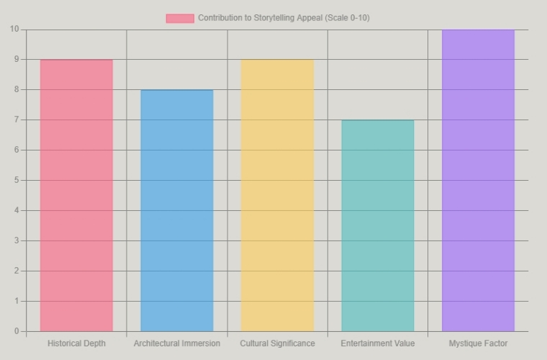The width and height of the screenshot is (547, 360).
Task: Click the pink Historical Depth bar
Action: [x=76, y=195]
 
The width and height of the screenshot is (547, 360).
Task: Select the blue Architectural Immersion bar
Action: [x=177, y=211]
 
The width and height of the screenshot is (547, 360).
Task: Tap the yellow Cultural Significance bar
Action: [x=277, y=195]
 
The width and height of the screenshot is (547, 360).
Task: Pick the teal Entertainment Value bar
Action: [x=378, y=225]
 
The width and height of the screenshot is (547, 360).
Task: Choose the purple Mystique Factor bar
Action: [x=479, y=180]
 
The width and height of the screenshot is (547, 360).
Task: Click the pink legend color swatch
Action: [x=180, y=19]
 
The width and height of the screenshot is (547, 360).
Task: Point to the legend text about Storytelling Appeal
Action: [x=284, y=18]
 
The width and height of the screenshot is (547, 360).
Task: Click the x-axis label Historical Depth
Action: [x=76, y=343]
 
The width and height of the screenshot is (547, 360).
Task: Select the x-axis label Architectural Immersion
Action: [x=177, y=343]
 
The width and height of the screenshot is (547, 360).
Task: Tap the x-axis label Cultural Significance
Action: [x=277, y=343]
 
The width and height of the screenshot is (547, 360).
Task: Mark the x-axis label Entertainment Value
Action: [x=378, y=343]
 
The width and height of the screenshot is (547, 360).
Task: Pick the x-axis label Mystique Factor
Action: [x=479, y=343]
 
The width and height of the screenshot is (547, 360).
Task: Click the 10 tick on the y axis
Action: [x=14, y=29]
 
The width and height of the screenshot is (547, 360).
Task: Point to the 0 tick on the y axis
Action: [x=17, y=331]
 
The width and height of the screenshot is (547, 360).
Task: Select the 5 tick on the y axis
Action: [x=17, y=180]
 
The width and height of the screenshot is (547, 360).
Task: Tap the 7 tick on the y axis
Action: [x=17, y=120]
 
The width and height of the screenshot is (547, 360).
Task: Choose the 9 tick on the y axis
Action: [x=17, y=59]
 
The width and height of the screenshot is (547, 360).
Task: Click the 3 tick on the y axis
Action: [x=17, y=240]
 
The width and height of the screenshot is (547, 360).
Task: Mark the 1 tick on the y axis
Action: [x=17, y=301]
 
